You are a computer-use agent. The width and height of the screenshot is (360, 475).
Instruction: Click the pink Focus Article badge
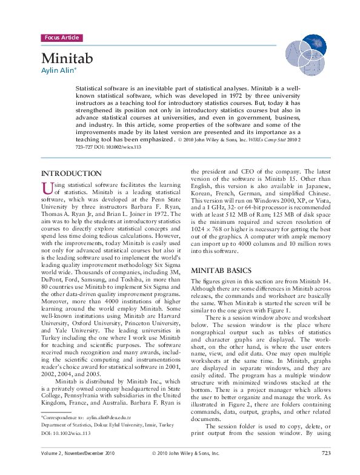pyautogui.click(x=61, y=38)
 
